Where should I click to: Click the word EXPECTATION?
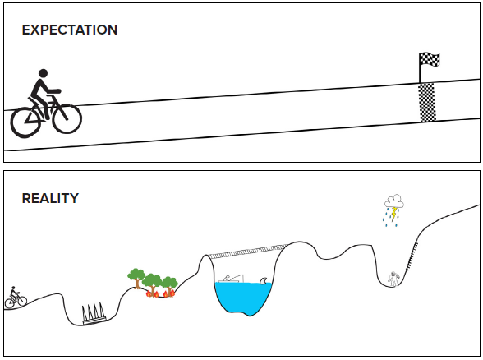tap(70, 30)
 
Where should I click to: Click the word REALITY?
tap(50, 198)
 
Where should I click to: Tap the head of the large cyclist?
tap(43, 73)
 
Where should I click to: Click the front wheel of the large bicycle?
tap(67, 118)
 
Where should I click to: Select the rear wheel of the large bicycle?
tap(26, 122)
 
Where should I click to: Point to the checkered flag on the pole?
tap(430, 59)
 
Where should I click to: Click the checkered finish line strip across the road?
tap(427, 102)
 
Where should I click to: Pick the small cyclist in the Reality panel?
tap(16, 298)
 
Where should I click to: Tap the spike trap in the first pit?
tap(94, 314)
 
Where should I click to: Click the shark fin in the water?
tap(264, 280)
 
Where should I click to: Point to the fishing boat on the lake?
tap(231, 279)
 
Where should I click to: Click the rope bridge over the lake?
tap(247, 251)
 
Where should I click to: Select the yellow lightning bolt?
tap(394, 215)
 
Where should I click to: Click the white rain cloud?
tap(394, 201)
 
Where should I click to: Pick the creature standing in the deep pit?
tap(393, 279)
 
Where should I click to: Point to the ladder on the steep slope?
tap(412, 256)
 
